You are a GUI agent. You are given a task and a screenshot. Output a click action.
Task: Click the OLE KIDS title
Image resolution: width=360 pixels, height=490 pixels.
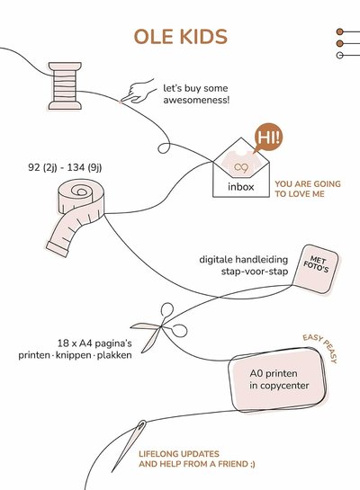tap(181, 37)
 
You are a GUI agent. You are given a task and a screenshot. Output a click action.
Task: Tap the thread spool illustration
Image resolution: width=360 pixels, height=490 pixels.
tap(65, 86)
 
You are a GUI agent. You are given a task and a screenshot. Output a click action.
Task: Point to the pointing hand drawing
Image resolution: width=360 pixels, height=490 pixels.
tap(139, 92)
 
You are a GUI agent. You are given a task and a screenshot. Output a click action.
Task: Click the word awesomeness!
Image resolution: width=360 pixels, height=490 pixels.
tap(196, 101)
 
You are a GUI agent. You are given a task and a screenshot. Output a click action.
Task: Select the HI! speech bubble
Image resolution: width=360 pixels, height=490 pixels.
tap(268, 138)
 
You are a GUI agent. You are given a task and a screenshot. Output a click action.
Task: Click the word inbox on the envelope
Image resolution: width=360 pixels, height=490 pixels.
tap(241, 187)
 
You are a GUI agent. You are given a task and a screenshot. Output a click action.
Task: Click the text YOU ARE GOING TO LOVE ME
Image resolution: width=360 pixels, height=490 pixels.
tap(308, 189)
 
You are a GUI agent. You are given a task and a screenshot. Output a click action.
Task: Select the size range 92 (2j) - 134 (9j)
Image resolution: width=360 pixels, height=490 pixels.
tap(65, 167)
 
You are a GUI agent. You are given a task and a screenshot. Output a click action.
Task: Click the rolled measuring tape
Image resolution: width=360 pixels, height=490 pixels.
tap(76, 216)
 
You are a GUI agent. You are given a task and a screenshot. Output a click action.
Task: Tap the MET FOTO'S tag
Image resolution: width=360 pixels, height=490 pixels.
tap(316, 269)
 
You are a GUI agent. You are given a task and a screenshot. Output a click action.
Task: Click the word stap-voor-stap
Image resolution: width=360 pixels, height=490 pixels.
tap(255, 272)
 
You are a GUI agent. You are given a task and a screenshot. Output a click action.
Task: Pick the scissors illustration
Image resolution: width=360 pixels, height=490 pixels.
tap(159, 327)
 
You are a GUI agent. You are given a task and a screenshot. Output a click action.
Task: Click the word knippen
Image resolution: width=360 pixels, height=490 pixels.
tap(74, 355)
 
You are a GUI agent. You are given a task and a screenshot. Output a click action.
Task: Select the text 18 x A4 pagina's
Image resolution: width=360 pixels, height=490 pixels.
tap(94, 343)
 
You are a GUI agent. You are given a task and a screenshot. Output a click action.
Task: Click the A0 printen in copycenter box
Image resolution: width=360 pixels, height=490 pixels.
tap(278, 379)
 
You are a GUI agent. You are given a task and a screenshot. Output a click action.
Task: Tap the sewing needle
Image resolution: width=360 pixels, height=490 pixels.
tap(129, 446)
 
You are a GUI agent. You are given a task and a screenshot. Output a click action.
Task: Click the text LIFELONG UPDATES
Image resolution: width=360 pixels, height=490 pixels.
tap(179, 454)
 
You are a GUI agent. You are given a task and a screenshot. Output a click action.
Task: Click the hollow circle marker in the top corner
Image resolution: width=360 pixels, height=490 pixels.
tap(339, 56)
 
